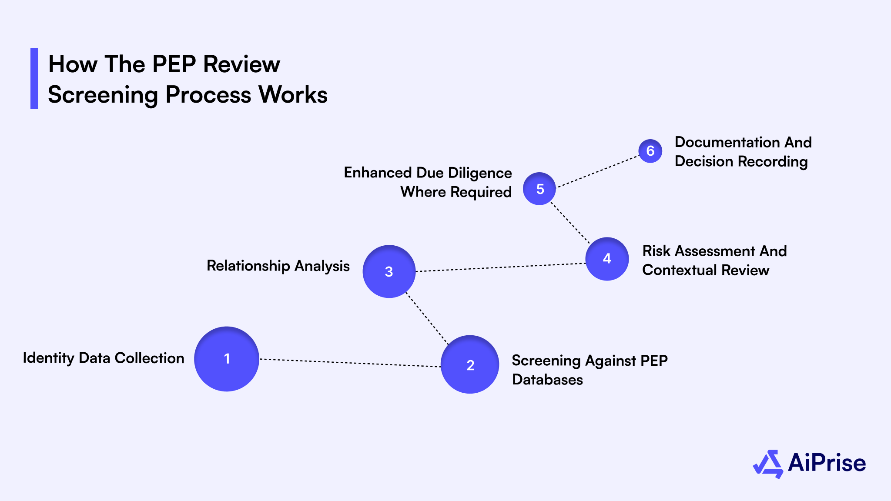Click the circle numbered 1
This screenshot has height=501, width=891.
pos(227,359)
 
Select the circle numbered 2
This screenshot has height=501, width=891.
pos(470,364)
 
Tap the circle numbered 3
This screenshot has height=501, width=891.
pos(389,271)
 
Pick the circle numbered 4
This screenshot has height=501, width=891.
pos(607,259)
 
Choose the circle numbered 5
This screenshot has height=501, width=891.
pos(539,189)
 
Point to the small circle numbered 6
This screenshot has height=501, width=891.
pos(650,151)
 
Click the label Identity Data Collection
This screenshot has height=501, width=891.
pos(104,358)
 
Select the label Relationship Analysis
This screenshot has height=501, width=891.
pos(278,266)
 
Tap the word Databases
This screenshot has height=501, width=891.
pos(547,380)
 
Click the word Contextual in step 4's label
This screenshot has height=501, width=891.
pos(680,270)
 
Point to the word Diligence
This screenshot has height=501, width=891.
pos(479,173)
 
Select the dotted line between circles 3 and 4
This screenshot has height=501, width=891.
pos(500,267)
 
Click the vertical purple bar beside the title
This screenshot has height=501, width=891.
pos(34,78)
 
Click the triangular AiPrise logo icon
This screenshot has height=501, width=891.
pos(768,464)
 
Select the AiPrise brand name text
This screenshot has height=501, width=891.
pos(827,463)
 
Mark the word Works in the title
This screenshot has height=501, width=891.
pos(293,95)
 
